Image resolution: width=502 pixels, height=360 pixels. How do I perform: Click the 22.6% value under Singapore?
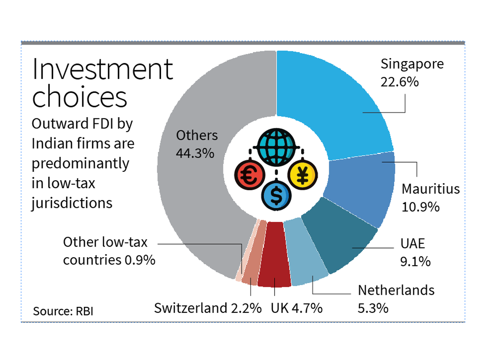tap(399, 82)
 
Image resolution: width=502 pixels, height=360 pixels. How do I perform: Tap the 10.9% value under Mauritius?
tap(420, 207)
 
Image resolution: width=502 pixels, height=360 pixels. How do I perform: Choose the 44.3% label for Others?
tap(195, 153)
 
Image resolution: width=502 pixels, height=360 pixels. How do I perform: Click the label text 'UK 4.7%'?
tap(296, 309)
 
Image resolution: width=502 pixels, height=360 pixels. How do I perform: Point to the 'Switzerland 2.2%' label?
tap(208, 309)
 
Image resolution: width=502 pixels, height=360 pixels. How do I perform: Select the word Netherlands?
tap(396, 290)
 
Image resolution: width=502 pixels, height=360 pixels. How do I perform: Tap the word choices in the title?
tap(79, 97)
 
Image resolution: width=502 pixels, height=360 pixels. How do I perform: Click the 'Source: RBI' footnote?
tap(63, 311)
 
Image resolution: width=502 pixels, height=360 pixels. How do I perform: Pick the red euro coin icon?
tap(248, 175)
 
